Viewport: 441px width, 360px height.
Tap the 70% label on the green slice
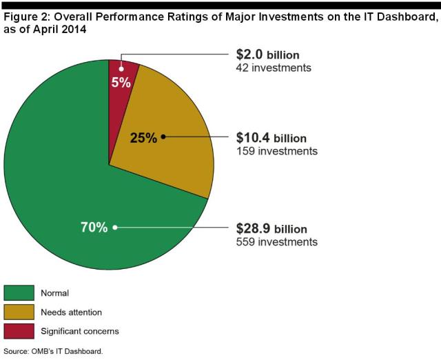(x=94, y=227)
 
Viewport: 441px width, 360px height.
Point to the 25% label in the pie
(x=143, y=138)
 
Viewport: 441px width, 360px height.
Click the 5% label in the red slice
(x=121, y=81)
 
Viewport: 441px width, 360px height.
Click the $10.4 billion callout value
(x=271, y=138)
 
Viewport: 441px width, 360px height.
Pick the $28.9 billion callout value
(x=271, y=228)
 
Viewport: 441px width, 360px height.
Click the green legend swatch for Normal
(x=19, y=292)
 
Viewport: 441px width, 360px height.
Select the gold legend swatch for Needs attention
(x=19, y=312)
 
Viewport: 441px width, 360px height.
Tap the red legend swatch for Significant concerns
(x=19, y=331)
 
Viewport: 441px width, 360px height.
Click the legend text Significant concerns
(x=80, y=331)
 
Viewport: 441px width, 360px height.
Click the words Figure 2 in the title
(x=25, y=17)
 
